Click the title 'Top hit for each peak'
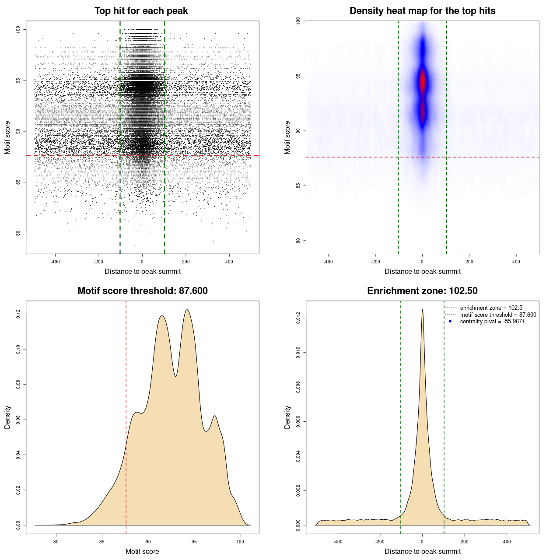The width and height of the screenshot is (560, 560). click(141, 11)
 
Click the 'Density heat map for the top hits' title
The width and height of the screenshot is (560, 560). click(422, 11)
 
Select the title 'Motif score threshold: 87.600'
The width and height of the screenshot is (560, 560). click(142, 291)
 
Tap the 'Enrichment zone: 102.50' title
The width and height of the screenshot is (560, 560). click(422, 291)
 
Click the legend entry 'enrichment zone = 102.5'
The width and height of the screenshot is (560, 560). click(491, 308)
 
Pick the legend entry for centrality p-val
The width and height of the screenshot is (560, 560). click(492, 322)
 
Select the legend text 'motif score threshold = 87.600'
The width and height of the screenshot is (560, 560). click(498, 315)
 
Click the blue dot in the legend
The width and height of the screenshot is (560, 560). click(450, 322)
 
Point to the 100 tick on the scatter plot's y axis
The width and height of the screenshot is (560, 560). click(18, 29)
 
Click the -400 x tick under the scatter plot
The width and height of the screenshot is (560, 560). click(55, 262)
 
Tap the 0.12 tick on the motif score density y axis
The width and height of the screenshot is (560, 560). click(18, 314)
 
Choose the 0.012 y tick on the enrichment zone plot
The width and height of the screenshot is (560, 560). click(298, 318)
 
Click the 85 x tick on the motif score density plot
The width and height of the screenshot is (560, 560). click(102, 542)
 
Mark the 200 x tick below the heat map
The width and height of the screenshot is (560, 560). click(469, 262)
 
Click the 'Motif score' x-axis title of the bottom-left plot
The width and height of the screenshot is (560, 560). click(142, 552)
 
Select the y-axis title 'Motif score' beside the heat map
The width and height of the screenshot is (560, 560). click(287, 137)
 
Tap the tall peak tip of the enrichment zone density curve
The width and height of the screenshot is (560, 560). click(422, 310)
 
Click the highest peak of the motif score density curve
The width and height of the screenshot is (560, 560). click(187, 310)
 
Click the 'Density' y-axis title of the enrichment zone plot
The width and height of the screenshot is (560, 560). click(287, 417)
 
